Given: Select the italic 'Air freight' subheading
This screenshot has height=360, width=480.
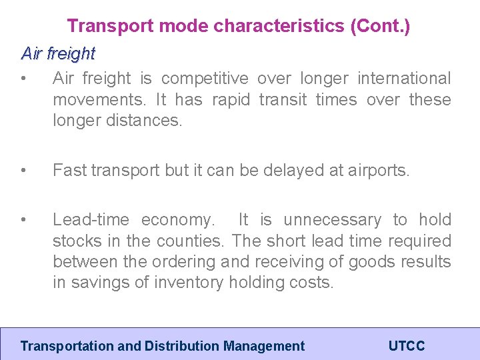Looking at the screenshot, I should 58,53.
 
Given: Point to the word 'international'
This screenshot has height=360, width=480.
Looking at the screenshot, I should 404,79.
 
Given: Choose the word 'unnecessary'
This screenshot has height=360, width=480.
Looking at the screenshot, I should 332,220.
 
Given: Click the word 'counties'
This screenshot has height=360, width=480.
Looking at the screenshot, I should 191,241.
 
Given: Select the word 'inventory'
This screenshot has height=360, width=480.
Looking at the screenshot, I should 189,283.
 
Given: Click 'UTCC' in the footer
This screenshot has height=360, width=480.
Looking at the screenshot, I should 406,346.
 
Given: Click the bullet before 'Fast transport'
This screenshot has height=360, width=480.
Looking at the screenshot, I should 24,171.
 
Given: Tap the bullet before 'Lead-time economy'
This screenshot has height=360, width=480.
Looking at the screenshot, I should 24,220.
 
